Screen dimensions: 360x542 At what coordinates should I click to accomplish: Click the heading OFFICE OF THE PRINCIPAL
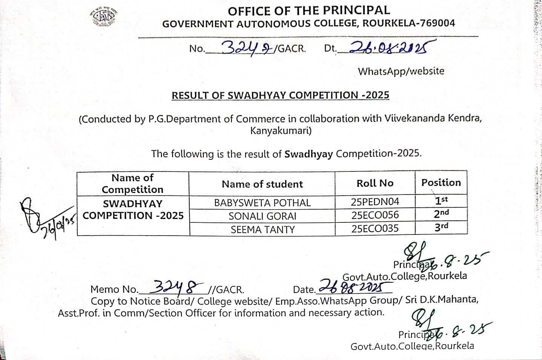click(309, 11)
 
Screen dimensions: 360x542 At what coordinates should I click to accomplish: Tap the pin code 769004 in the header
click(438, 23)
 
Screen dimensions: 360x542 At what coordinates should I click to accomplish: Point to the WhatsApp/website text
click(401, 71)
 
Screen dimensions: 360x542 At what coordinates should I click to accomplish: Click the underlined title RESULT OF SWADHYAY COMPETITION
click(280, 95)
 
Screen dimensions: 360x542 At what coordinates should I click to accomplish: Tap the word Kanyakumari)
click(281, 131)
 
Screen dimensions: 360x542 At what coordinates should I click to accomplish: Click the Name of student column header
click(262, 184)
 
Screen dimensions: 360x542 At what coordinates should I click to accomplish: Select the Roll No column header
click(375, 183)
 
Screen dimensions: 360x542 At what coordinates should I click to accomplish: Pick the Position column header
click(441, 182)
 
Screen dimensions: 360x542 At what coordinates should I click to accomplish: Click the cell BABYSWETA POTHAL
click(262, 203)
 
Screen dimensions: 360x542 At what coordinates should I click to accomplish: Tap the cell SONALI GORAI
click(262, 216)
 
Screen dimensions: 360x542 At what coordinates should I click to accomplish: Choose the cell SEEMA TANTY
click(262, 229)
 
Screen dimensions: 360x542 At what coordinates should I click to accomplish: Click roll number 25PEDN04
click(375, 202)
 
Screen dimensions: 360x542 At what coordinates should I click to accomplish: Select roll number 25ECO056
click(375, 215)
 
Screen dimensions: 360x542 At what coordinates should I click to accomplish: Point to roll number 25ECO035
click(375, 228)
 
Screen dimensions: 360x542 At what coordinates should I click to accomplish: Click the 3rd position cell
click(441, 227)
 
